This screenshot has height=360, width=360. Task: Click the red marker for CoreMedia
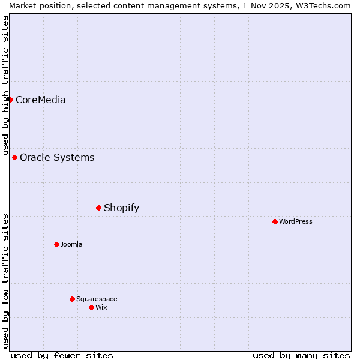[x=10, y=100]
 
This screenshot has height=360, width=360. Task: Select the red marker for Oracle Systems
[x=14, y=157]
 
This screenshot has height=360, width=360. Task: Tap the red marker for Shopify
[x=98, y=208]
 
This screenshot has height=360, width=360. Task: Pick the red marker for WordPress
[x=275, y=221]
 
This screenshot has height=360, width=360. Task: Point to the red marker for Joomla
[x=56, y=244]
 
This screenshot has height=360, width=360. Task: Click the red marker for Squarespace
[x=72, y=299]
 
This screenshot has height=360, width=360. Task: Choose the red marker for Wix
[x=91, y=307]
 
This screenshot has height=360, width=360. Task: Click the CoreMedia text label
[x=40, y=100]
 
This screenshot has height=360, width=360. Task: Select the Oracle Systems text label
[x=57, y=157]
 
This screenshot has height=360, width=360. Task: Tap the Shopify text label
[x=121, y=208]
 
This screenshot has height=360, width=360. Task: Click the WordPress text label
[x=296, y=221]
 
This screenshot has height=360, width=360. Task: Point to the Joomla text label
[x=71, y=244]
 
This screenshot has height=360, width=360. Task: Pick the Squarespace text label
[x=97, y=299]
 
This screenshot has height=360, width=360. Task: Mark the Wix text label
[x=101, y=307]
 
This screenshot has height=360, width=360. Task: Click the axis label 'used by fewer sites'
[x=62, y=355]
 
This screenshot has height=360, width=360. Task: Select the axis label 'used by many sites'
[x=301, y=355]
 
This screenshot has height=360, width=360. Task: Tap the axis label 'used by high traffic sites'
[x=5, y=85]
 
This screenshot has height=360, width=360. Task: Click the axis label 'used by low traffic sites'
[x=5, y=281]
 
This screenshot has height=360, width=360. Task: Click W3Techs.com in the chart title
[x=326, y=5]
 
